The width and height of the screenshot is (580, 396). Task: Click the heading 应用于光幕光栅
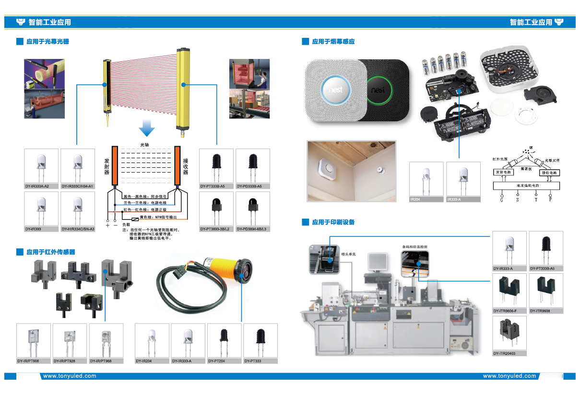(x=47, y=42)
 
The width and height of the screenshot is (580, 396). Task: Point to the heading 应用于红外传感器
(x=50, y=252)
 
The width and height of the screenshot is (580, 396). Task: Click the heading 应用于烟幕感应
(x=333, y=42)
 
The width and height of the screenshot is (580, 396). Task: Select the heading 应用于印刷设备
(x=333, y=222)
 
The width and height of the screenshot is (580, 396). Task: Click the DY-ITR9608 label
(x=540, y=311)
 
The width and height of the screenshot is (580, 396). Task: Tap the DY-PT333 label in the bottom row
(x=253, y=361)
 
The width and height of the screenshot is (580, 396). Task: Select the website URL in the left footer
(x=70, y=376)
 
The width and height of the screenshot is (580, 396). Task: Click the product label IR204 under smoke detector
(x=415, y=199)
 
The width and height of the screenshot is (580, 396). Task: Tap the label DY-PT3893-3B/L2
(x=215, y=229)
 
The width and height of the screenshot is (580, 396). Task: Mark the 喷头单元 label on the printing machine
(x=348, y=254)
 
